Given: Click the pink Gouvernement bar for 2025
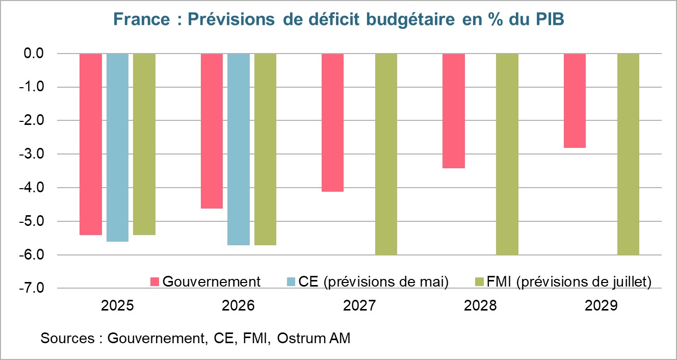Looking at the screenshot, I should click(91, 144).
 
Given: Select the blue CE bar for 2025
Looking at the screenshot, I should click(117, 147).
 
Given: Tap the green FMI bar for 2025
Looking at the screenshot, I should click(144, 144).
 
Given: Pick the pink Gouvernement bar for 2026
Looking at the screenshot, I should click(212, 131).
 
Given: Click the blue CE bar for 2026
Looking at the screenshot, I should click(239, 149).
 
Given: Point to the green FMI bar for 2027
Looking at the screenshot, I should click(386, 154).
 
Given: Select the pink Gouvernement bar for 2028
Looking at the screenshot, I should click(453, 111).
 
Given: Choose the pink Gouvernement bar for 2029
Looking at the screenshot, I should click(575, 100).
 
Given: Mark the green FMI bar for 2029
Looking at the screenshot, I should click(628, 154).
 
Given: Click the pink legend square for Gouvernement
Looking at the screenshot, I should click(155, 282).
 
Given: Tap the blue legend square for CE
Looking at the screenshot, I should click(291, 282).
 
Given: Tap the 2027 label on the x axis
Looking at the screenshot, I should click(359, 306).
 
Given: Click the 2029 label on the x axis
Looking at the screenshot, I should click(601, 306).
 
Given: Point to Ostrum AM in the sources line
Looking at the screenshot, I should click(314, 338).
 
